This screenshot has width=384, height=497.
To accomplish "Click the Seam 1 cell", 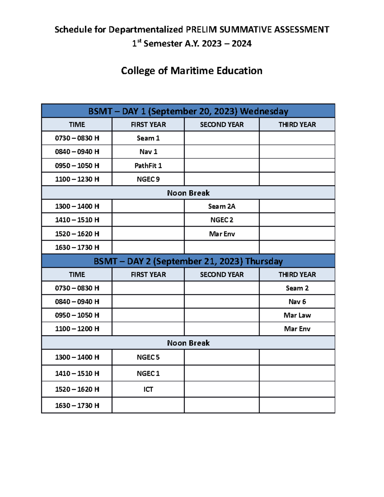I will [148, 138].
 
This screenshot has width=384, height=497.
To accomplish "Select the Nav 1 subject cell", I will [148, 152].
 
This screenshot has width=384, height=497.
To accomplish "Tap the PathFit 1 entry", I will [148, 166].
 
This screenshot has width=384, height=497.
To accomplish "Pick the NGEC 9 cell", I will [148, 179].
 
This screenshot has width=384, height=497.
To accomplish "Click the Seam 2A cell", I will [222, 206].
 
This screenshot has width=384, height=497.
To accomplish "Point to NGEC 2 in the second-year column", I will [222, 220].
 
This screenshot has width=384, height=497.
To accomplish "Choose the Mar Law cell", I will [297, 315].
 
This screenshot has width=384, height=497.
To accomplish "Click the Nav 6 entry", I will [297, 302].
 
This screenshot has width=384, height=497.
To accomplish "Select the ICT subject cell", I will [148, 389].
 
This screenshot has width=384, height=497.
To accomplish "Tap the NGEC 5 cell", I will [148, 357].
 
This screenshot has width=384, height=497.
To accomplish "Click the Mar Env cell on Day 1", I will [222, 234].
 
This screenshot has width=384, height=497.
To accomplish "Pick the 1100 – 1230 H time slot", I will [77, 179].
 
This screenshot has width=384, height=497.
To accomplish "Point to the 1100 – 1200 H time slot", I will [77, 329].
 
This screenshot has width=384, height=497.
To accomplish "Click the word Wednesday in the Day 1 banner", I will [264, 111].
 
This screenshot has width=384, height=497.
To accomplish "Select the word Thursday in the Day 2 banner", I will [264, 261].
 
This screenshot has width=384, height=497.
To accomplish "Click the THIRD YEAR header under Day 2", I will [297, 275].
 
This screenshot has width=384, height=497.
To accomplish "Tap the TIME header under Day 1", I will [77, 124].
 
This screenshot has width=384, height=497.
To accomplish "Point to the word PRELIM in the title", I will [201, 29].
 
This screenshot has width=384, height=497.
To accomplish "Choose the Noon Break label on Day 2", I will [188, 343].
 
